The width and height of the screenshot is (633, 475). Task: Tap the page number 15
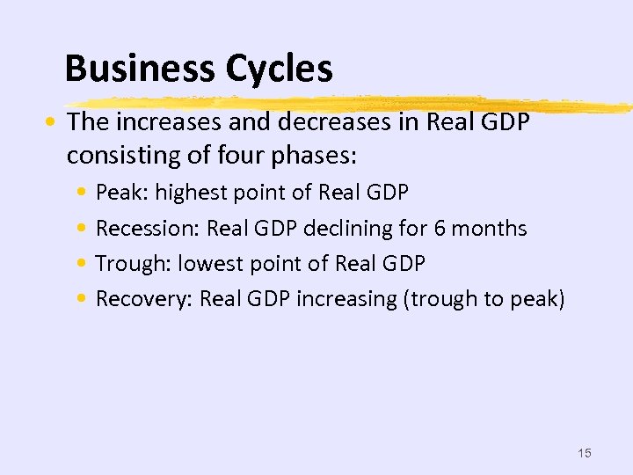pyautogui.click(x=585, y=453)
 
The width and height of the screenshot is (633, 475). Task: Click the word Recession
pyautogui.click(x=147, y=229)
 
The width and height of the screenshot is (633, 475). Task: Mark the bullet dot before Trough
pyautogui.click(x=81, y=264)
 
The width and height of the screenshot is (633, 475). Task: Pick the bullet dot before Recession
pyautogui.click(x=81, y=229)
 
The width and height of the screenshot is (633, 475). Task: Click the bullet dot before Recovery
pyautogui.click(x=81, y=299)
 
